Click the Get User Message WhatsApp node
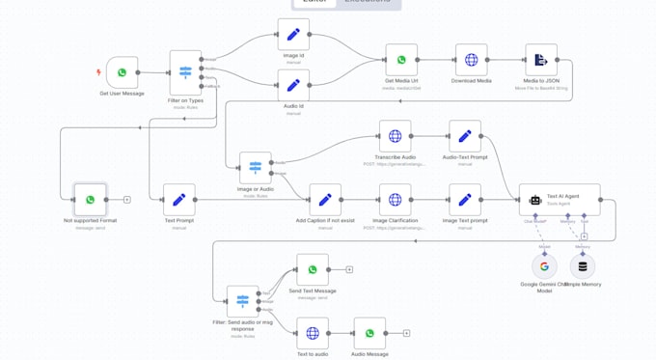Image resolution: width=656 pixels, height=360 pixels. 123,72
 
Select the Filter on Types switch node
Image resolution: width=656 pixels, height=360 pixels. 185,72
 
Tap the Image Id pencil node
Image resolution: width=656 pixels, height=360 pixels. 293,35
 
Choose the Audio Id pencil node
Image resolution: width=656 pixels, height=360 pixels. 293,85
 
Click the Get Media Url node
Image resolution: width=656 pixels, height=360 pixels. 401,60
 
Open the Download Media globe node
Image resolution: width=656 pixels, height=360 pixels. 471,60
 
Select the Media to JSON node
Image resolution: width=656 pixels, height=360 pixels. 540,60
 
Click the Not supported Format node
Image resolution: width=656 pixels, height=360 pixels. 90,200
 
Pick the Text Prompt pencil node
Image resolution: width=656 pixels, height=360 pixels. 178,200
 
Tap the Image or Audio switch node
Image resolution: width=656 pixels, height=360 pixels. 256,168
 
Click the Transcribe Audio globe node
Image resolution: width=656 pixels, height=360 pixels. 395,136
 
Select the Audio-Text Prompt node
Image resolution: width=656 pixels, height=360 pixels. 464,136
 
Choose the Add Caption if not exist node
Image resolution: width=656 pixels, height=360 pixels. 325,200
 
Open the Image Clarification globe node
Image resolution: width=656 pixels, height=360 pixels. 395,200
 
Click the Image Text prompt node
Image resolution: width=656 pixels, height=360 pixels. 464,200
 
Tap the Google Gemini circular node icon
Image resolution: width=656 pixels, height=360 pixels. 544,266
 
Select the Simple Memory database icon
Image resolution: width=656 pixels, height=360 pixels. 582,266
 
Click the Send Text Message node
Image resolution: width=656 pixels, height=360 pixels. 313,269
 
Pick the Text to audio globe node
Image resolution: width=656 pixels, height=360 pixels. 313,333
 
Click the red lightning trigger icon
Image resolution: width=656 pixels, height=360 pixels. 98,72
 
